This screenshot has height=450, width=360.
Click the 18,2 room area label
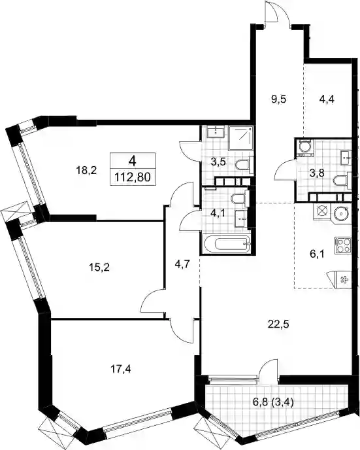point(87,171)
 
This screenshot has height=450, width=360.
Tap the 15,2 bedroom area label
point(99,268)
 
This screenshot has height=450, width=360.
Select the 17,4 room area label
point(121,369)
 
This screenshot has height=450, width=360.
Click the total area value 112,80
point(133,178)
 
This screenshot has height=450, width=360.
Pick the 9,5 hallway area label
point(278,99)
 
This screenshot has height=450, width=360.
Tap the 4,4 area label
point(327,99)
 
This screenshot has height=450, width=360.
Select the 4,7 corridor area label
point(182,264)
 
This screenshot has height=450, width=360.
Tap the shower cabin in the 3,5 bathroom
point(241,138)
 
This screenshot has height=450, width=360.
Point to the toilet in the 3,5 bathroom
point(244,165)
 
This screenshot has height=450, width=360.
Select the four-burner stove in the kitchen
point(343,246)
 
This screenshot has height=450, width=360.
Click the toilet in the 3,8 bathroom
point(342,181)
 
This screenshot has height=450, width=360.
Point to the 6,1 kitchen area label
point(318,254)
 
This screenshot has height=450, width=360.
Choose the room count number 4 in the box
point(132,162)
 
